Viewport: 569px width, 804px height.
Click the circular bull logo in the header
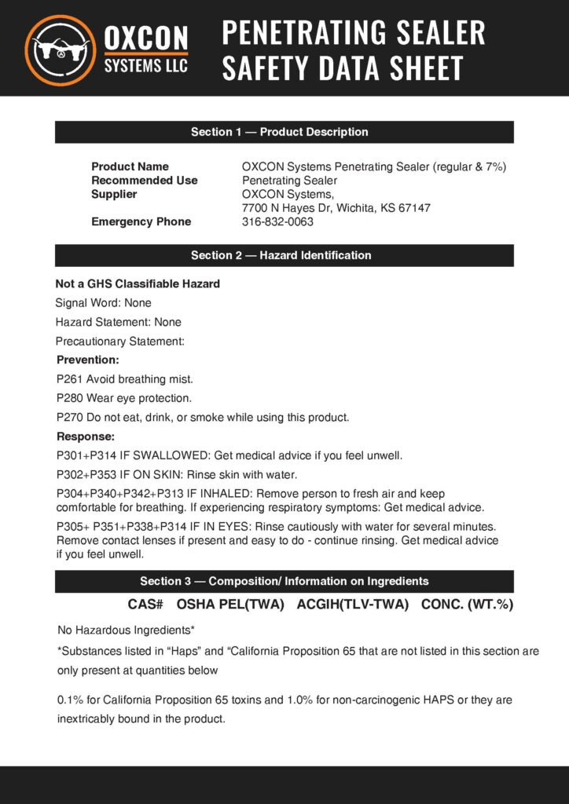(x=61, y=49)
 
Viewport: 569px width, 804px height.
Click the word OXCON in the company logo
(x=146, y=38)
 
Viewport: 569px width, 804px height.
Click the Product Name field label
(x=130, y=166)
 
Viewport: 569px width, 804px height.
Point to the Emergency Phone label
(x=141, y=221)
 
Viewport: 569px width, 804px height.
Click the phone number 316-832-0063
(x=277, y=221)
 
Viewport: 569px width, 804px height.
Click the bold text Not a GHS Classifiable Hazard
(x=138, y=283)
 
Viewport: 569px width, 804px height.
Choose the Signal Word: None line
(x=103, y=302)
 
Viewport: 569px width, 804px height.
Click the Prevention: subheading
(x=88, y=360)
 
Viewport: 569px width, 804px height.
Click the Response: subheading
(x=86, y=436)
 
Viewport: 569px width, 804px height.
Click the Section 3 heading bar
(x=284, y=581)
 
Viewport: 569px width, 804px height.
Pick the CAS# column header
(x=145, y=605)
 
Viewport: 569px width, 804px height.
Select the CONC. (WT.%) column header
(x=467, y=605)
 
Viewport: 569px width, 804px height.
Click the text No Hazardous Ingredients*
(x=126, y=630)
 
